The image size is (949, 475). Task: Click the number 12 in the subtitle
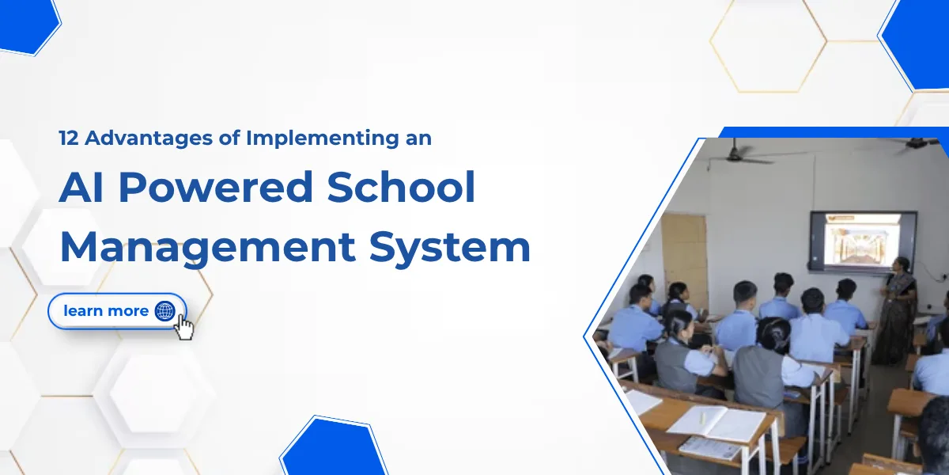click(x=69, y=139)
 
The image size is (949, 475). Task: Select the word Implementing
click(x=323, y=139)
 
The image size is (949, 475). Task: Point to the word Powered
click(x=216, y=187)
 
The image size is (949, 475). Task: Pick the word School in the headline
click(x=401, y=187)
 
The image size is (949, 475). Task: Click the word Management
click(x=207, y=248)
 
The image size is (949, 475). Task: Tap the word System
click(x=450, y=248)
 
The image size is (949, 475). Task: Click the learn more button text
click(x=106, y=311)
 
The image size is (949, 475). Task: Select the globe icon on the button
click(x=164, y=311)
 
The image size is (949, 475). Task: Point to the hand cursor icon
click(x=184, y=327)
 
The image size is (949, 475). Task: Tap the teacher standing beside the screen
click(x=898, y=310)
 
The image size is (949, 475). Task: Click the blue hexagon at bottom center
click(x=334, y=446)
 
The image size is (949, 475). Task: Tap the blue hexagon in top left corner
click(x=28, y=26)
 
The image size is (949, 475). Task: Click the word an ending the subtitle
click(x=418, y=139)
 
